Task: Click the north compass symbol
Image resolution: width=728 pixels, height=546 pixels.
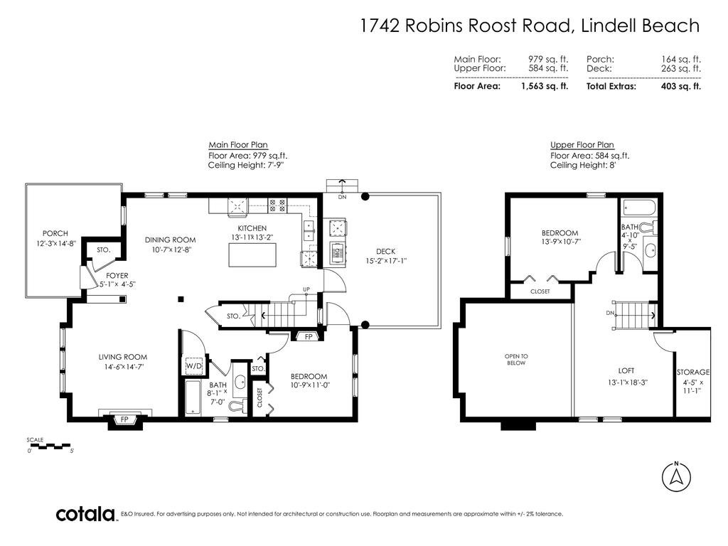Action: coord(677,476)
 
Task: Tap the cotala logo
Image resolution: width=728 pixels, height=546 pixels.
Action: coord(86,514)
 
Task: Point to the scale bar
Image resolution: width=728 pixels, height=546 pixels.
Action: coord(49,446)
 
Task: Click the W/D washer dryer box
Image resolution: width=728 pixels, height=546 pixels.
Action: coord(194,366)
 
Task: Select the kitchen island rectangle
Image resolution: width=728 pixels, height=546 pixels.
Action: coord(252,255)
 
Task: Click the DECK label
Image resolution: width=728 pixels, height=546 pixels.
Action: coord(386,251)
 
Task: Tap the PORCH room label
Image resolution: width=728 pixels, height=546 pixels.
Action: coord(55,233)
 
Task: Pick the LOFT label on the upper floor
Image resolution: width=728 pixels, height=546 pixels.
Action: coord(626,370)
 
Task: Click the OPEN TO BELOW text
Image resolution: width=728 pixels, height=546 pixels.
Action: coord(516,359)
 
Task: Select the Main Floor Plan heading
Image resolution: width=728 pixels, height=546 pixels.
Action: coord(238,145)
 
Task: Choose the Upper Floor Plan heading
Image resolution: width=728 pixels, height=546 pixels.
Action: coord(582,145)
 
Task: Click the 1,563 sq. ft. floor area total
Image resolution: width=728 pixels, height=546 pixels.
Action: coord(545,86)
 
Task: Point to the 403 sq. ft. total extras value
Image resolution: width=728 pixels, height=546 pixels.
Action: coord(681,86)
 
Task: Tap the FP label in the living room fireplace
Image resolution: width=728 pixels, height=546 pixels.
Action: coord(124,419)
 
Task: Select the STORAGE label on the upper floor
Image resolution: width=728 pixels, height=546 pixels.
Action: coord(693,372)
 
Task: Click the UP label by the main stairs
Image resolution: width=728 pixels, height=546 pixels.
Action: coord(306,289)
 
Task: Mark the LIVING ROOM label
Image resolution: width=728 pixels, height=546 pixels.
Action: coord(122,357)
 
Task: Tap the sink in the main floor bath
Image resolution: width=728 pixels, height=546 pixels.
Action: coord(240,382)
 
